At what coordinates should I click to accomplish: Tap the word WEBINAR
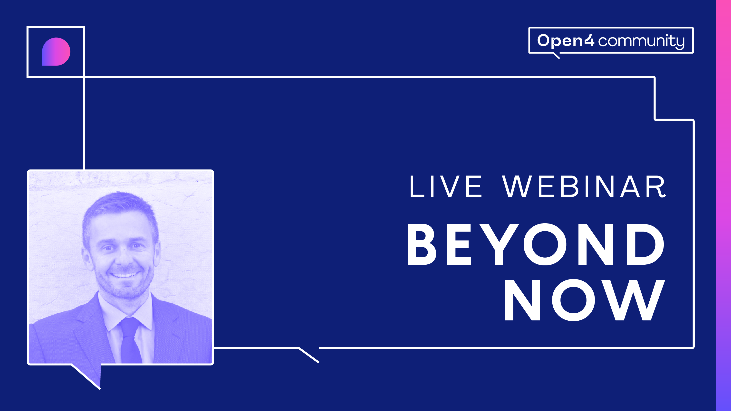(584, 186)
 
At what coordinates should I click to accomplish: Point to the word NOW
(585, 300)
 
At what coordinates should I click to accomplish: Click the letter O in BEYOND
(545, 244)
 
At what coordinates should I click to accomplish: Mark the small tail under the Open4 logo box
(557, 56)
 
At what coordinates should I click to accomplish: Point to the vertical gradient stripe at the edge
(723, 205)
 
